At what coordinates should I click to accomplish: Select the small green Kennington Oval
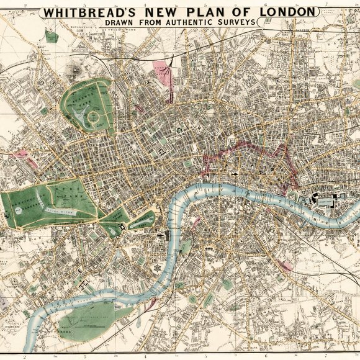click(193, 299)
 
